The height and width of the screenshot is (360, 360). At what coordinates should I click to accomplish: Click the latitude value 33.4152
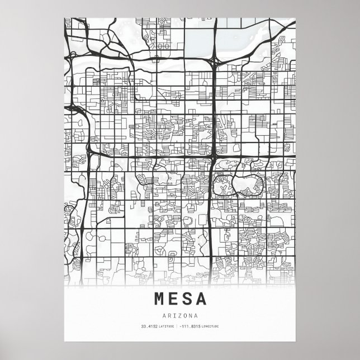pos(149,326)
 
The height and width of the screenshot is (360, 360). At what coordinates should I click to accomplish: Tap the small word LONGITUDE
pos(210,326)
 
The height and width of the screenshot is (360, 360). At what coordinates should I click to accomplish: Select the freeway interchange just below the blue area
pos(215,61)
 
